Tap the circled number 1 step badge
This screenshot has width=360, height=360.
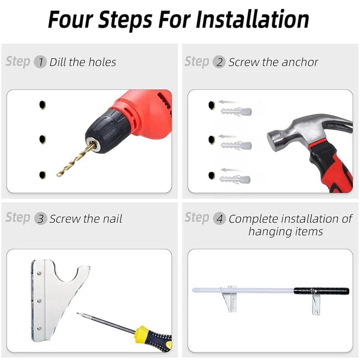40,62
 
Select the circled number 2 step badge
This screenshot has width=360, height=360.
219,62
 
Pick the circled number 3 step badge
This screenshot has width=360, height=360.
40,219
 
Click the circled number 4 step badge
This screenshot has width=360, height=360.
220,219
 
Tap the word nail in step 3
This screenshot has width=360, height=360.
112,219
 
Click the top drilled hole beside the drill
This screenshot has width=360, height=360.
42,105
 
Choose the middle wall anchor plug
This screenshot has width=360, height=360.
236,145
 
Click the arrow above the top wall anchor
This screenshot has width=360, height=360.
227,102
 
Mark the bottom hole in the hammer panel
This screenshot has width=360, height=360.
211,175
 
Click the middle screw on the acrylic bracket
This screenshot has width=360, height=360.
39,301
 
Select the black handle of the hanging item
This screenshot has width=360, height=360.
321,291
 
